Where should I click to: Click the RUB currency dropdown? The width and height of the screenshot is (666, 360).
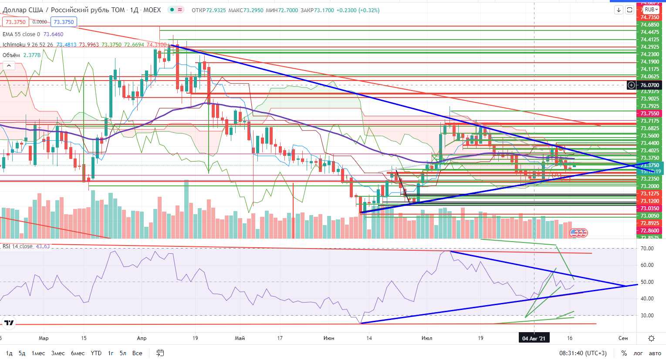(652, 10)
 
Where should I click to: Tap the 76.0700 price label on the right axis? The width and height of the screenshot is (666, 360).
(649, 85)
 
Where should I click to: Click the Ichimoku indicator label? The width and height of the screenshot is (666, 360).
(28, 45)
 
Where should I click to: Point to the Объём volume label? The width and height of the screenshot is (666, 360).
(11, 55)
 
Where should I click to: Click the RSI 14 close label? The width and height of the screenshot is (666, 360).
(17, 246)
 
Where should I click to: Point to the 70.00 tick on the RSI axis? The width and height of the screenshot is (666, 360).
(647, 249)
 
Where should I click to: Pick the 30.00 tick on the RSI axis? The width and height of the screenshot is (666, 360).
(647, 316)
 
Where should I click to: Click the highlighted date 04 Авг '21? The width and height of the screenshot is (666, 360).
(534, 338)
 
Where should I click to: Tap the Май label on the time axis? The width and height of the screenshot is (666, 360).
(240, 338)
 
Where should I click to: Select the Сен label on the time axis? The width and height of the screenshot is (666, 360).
(623, 338)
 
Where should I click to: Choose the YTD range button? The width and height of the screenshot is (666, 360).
(96, 353)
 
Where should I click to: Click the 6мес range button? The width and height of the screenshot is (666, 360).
(78, 353)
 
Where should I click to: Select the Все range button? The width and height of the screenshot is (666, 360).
(137, 353)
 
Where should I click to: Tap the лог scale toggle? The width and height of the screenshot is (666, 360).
(638, 353)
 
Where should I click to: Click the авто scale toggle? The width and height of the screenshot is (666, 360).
(655, 353)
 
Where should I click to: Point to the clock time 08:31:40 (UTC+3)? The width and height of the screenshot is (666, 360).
(583, 353)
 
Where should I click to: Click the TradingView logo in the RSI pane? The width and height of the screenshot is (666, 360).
(9, 323)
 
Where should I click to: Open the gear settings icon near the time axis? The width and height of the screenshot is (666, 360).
(651, 338)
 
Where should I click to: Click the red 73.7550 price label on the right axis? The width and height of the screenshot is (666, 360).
(649, 114)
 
